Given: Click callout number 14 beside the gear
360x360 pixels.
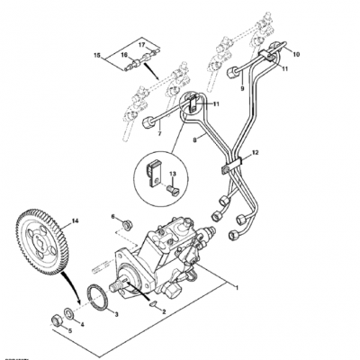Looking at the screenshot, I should (76, 220).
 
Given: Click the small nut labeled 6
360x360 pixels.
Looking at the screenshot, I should (114, 218).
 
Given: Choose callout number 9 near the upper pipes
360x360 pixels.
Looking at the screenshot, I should (241, 89).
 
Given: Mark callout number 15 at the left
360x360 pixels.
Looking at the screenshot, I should (98, 55).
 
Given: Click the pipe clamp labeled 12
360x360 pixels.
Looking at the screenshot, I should (228, 164).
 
